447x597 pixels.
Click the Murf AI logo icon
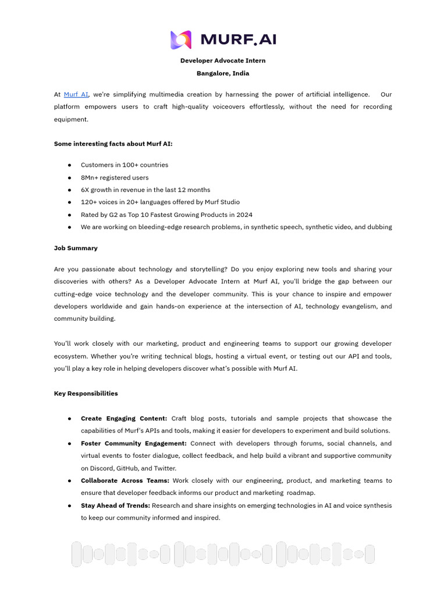click(180, 40)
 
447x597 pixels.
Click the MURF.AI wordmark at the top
click(238, 40)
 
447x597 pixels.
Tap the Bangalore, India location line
click(223, 73)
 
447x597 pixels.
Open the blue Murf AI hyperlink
click(76, 94)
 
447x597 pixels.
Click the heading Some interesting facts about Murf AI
click(113, 144)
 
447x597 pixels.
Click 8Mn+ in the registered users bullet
click(90, 178)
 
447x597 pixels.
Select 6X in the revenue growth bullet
click(85, 190)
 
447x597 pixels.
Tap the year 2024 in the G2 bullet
click(244, 215)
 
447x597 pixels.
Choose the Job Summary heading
click(76, 248)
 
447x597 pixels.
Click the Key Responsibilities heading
click(86, 394)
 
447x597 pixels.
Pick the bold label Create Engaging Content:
click(124, 419)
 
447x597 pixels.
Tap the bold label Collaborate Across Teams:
click(125, 481)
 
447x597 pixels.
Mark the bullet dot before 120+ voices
click(69, 203)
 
